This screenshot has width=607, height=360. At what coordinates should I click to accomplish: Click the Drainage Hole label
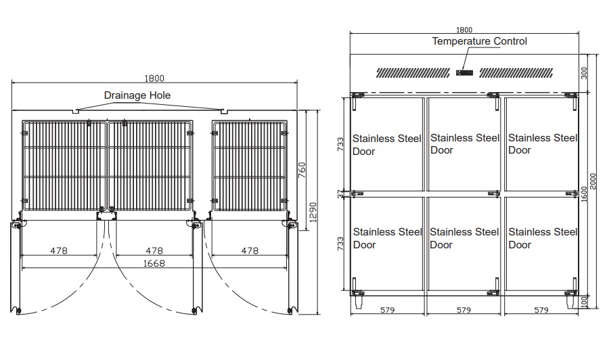tap(137, 95)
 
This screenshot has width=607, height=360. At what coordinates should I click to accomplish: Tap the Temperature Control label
tap(479, 41)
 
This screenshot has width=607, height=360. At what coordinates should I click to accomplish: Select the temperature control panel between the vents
tap(464, 72)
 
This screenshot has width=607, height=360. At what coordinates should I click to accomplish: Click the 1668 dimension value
tap(154, 263)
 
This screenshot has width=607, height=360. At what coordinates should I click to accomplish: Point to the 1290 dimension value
tap(313, 212)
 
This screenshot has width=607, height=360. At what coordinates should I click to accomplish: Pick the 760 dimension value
tap(302, 170)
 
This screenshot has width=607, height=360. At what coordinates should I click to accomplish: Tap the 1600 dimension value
tap(584, 194)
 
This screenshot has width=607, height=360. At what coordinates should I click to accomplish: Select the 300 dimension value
tap(584, 73)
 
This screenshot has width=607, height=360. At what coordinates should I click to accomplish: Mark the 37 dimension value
tap(340, 194)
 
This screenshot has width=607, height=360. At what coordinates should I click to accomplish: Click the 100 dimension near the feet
tap(584, 300)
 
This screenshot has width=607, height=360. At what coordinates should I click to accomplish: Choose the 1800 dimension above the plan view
tap(154, 78)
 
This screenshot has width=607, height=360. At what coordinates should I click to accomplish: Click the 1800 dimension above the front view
tap(464, 30)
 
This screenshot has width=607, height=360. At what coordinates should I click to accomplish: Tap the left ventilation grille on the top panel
tap(413, 73)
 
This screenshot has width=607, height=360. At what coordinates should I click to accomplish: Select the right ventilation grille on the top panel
tap(516, 73)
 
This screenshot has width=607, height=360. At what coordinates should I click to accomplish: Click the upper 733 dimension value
tap(340, 144)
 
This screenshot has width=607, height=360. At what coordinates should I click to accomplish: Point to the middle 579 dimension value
tap(464, 310)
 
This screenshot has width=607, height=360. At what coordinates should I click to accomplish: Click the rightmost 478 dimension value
tap(250, 251)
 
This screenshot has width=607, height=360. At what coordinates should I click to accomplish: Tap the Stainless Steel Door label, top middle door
tap(464, 144)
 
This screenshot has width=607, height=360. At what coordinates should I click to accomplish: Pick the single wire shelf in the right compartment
tap(250, 166)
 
